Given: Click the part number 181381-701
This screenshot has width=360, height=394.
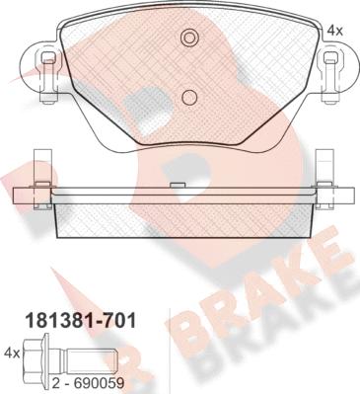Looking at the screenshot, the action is click(81, 321).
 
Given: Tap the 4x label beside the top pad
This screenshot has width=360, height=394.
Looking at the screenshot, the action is click(335, 31).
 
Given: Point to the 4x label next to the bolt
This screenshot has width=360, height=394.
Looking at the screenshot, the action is click(12, 354).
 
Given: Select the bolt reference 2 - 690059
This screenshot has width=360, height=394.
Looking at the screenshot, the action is click(89, 382).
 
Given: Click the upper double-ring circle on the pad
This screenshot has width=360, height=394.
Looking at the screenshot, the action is click(189, 38).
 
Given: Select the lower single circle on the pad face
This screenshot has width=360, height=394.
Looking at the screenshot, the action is click(189, 97).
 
